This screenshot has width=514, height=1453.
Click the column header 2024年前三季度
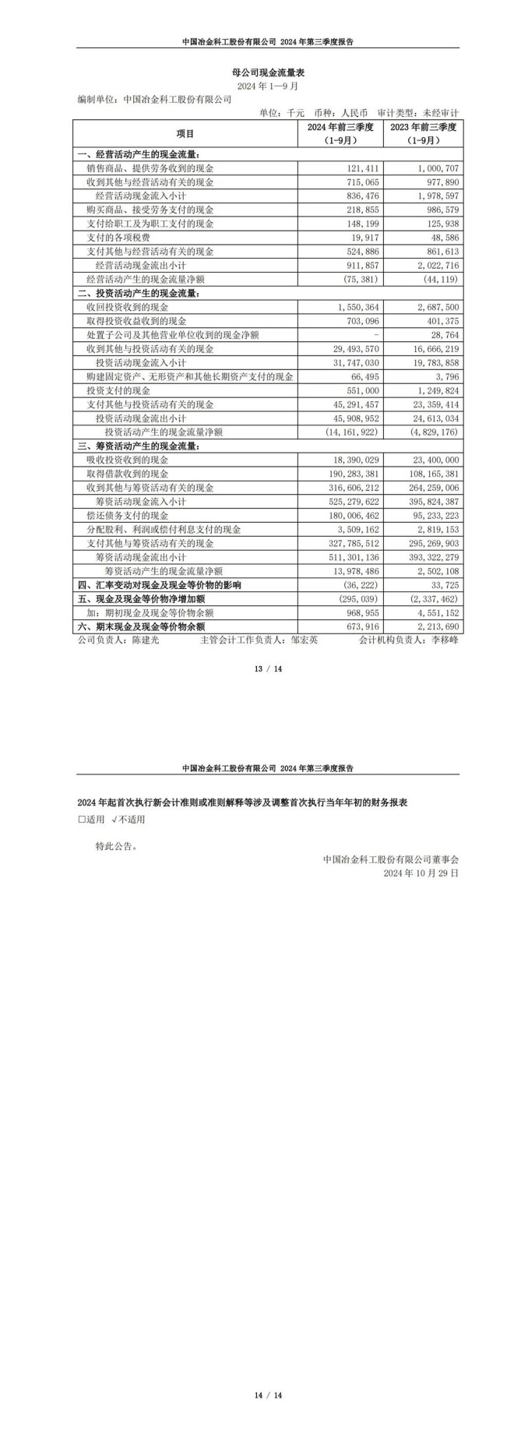(340, 127)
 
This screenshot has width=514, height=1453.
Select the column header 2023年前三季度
(423, 127)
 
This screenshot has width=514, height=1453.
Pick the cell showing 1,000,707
(436, 168)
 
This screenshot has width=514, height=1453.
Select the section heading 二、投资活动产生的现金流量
(139, 294)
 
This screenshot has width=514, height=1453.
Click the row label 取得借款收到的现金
(128, 474)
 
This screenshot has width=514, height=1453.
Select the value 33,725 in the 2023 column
(442, 584)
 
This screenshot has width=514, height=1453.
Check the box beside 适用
(82, 820)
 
